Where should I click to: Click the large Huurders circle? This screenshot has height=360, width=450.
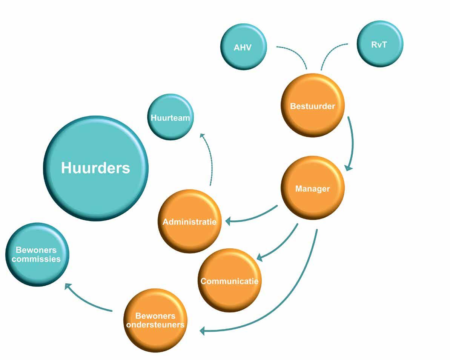[96, 168]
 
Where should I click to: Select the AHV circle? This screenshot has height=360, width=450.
[243, 47]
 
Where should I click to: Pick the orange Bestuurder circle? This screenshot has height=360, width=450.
[313, 106]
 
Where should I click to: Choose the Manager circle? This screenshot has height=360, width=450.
[313, 188]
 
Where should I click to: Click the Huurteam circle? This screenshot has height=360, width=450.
[170, 117]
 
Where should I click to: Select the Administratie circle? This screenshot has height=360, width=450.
[189, 222]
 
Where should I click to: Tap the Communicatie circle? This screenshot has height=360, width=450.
[229, 280]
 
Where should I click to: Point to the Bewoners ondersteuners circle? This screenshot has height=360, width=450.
[155, 320]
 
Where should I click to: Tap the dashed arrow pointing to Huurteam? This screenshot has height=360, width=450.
[210, 158]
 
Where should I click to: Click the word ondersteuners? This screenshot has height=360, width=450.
[155, 325]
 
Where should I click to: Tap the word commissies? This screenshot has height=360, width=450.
[37, 259]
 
